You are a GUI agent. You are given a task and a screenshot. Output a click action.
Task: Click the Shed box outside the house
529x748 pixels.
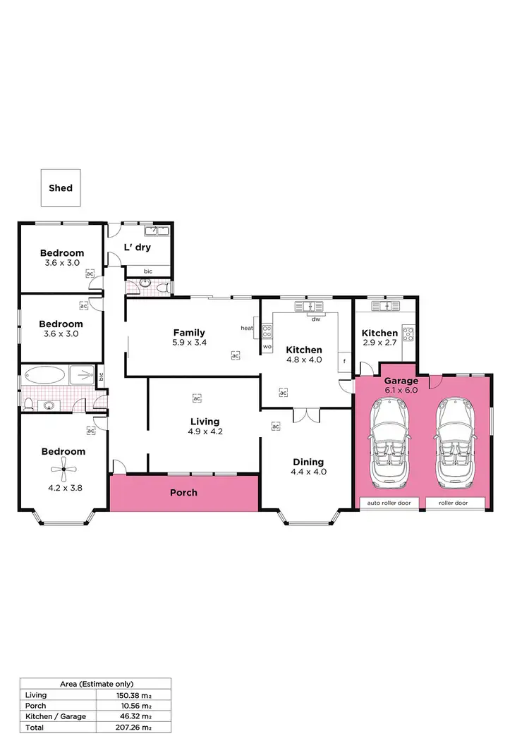point(61,188)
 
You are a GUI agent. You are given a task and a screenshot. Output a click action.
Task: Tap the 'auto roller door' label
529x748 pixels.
point(390,503)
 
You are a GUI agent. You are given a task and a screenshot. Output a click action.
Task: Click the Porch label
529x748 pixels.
point(183,492)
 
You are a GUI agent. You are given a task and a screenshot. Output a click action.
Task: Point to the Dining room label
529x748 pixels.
point(308,462)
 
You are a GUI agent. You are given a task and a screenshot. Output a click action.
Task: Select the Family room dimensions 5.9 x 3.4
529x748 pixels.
point(189,343)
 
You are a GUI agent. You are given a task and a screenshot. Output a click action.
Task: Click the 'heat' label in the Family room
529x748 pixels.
point(247,328)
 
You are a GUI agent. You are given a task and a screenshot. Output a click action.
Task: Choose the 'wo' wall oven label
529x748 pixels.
point(267,348)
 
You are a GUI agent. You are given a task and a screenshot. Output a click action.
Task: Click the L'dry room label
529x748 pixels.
point(138,247)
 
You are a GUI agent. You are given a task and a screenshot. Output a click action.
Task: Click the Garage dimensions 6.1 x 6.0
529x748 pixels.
point(401,390)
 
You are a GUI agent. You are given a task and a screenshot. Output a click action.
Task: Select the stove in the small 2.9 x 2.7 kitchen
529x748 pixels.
point(408,332)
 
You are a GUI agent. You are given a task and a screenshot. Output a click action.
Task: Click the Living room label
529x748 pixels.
point(205,422)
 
